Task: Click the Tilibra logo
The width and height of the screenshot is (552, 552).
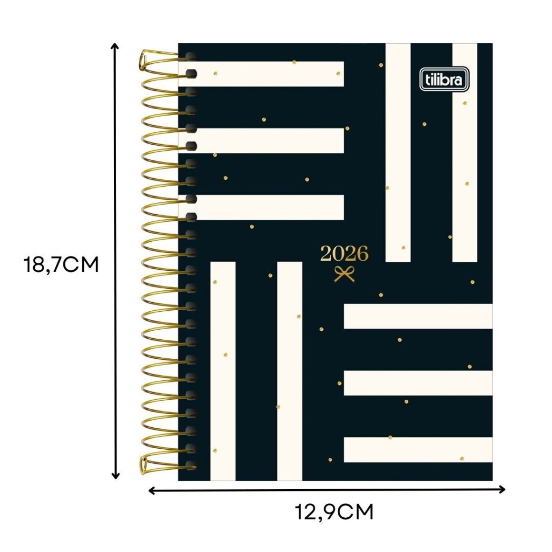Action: point(444,79)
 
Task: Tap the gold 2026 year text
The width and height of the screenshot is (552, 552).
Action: point(345,254)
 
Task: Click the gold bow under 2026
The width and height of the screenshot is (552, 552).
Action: point(345,274)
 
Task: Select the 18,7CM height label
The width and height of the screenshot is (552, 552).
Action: point(61,265)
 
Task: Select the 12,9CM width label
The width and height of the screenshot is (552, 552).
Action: point(334,512)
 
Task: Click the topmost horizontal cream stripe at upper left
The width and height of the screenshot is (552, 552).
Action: point(261,74)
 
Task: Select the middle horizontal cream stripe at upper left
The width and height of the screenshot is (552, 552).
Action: point(261,141)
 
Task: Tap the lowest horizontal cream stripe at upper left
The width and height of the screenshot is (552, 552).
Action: point(261,207)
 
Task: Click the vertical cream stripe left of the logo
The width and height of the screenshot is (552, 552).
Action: point(398,152)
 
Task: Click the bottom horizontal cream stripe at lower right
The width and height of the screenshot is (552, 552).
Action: point(418,450)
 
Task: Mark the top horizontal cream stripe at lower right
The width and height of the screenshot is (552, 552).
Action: point(418,316)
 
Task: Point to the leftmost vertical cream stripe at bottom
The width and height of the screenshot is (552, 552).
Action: point(223,371)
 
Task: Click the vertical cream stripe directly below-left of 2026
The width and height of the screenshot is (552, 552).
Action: point(290,371)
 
